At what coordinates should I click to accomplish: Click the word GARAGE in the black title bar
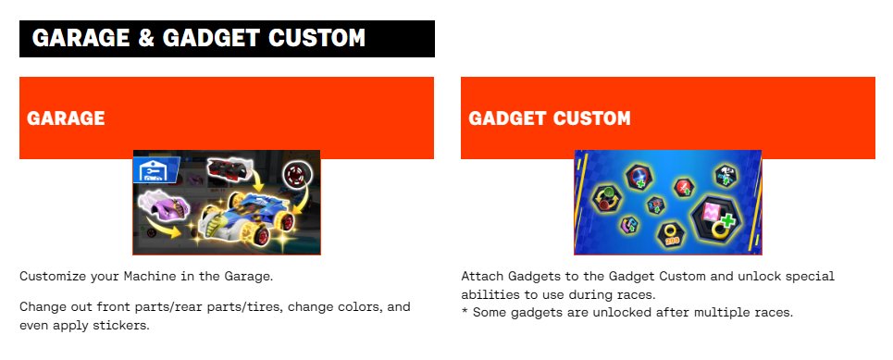pos(81,38)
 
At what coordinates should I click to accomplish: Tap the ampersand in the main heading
pos(146,38)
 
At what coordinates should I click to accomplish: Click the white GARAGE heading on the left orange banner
pos(66,118)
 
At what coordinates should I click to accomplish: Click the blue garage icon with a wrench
pos(155,169)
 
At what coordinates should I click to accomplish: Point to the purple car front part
pos(165,208)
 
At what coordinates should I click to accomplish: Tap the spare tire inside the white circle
pos(298,173)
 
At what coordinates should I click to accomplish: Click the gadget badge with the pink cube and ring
pos(714,219)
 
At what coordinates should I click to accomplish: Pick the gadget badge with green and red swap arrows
pos(607,198)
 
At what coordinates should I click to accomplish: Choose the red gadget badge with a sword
pos(684,187)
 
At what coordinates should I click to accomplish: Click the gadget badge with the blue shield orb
pos(639,177)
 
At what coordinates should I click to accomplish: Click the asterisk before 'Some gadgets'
pos(465,311)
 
